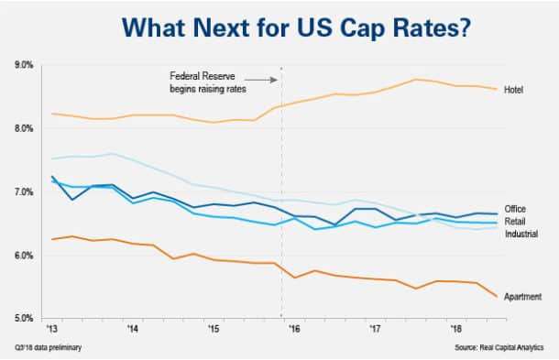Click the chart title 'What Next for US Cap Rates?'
point(279,27)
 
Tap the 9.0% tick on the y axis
point(24,65)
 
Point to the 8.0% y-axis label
point(24,128)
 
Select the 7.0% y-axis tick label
point(24,191)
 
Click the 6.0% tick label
point(24,255)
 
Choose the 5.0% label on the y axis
point(24,318)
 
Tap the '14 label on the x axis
point(133,327)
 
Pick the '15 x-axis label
point(213,327)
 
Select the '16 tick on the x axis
point(293,327)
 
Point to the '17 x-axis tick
point(374,327)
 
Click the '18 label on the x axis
point(455,327)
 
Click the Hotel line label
point(514,90)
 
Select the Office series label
point(515,210)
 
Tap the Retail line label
point(515,222)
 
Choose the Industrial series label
point(521,235)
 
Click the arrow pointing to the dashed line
point(261,81)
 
